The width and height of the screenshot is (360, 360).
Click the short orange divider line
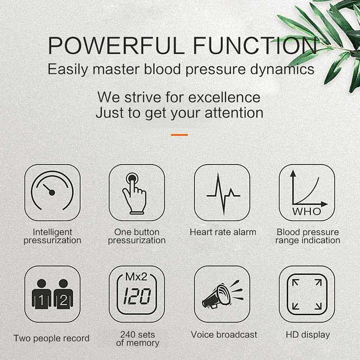180,135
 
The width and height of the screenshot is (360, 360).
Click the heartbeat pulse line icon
224,194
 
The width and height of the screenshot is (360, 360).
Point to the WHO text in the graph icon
307,211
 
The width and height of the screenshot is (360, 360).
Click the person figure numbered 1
41,294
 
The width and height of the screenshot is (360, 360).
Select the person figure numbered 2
63,294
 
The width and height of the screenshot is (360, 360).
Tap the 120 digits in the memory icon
137,296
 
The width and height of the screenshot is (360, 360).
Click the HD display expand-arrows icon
307,294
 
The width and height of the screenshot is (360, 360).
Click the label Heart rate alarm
223,232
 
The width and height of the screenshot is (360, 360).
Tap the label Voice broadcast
224,335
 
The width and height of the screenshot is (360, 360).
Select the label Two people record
51,338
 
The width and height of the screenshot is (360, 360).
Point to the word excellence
225,97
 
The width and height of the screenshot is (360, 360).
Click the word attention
234,113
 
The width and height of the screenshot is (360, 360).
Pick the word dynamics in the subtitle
282,69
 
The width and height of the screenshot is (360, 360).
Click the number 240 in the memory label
128,334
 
